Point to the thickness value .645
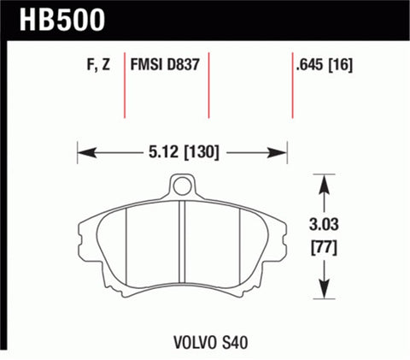point(310,64)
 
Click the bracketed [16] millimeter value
point(343,64)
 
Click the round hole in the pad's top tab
point(180,184)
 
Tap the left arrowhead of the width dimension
point(83,154)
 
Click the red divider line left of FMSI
point(126,86)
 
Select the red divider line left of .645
point(293,86)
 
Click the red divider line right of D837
point(209,86)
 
